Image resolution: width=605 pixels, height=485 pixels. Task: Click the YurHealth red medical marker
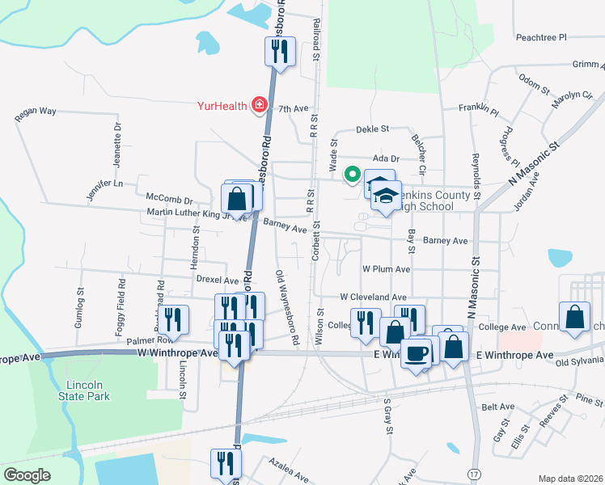click(260, 104)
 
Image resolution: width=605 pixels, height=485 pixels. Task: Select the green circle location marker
click(352, 172)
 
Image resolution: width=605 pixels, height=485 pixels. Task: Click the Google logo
click(27, 475)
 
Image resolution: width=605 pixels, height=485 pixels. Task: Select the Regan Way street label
click(36, 114)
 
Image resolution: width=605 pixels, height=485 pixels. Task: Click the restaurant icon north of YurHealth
click(277, 52)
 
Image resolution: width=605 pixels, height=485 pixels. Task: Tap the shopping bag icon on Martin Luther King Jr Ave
click(237, 198)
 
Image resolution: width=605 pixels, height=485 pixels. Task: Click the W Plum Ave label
click(387, 268)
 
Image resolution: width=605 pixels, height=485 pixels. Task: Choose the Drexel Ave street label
click(217, 280)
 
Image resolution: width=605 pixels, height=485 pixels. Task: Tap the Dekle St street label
click(374, 129)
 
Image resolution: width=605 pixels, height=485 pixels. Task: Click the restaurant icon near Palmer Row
click(172, 320)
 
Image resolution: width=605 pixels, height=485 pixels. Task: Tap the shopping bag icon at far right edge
click(573, 318)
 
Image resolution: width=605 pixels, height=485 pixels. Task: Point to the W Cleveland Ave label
click(373, 297)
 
